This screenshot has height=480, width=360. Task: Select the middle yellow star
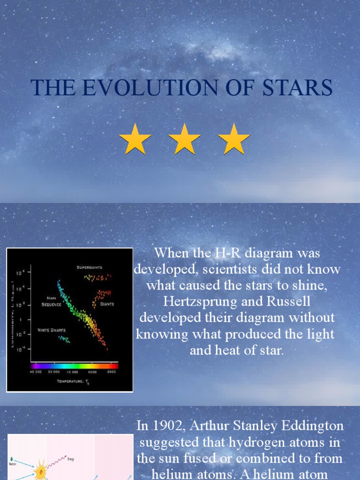coord(184,139)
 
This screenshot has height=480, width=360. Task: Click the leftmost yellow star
coord(135,139)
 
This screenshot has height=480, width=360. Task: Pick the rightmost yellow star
coord(234,139)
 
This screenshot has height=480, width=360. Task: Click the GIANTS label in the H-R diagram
coord(107,304)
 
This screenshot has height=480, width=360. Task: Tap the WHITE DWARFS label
coord(52,330)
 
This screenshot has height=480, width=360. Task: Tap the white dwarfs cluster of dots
coord(64,339)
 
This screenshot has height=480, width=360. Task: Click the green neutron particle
coord(11,459)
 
